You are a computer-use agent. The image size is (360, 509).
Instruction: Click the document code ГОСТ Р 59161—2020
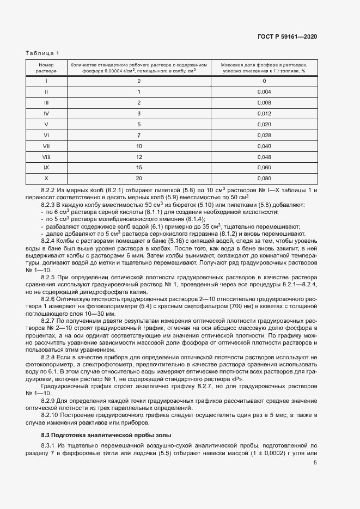tap(287, 36)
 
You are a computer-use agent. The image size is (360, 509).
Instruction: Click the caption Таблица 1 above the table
tap(42, 53)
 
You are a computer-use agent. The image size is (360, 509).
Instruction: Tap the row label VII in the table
tap(46, 146)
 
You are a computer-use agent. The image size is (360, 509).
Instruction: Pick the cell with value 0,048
tap(264, 157)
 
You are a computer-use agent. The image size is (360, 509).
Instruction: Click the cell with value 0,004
tap(264, 91)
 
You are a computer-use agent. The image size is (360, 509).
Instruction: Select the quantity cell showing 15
tap(139, 168)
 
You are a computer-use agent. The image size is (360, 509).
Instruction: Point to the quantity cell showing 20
tap(139, 179)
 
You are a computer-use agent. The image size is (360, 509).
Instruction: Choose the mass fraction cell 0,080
tap(264, 179)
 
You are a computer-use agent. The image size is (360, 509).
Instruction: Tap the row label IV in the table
tap(46, 113)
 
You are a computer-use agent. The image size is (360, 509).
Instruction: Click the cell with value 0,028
tap(264, 135)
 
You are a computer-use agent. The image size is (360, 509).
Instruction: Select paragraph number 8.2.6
tap(50, 299)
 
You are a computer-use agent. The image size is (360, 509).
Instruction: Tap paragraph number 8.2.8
tap(50, 355)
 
